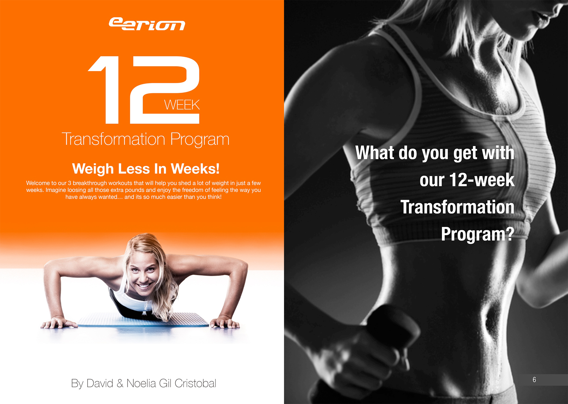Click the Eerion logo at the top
click(147, 24)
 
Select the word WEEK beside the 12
click(182, 105)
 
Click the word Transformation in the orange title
click(114, 139)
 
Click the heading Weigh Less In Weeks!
click(146, 169)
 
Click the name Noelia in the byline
click(141, 383)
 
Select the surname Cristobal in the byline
click(195, 383)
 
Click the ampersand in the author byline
click(120, 383)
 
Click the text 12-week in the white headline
click(482, 180)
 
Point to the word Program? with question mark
click(478, 234)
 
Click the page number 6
click(534, 380)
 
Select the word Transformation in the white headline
click(457, 207)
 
